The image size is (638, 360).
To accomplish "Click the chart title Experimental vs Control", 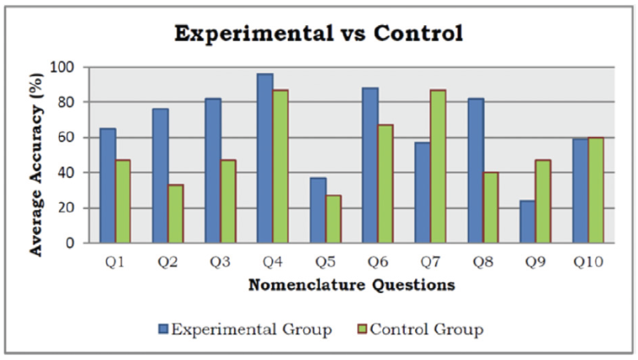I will pyautogui.click(x=319, y=34).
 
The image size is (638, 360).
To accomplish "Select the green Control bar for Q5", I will pyautogui.click(x=333, y=219).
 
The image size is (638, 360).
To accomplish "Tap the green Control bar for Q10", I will pyautogui.click(x=596, y=190).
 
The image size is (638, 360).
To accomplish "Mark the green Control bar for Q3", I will pyautogui.click(x=228, y=201).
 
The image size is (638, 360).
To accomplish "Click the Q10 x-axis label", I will pyautogui.click(x=587, y=260).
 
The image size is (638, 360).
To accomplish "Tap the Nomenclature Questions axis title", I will pyautogui.click(x=351, y=284).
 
